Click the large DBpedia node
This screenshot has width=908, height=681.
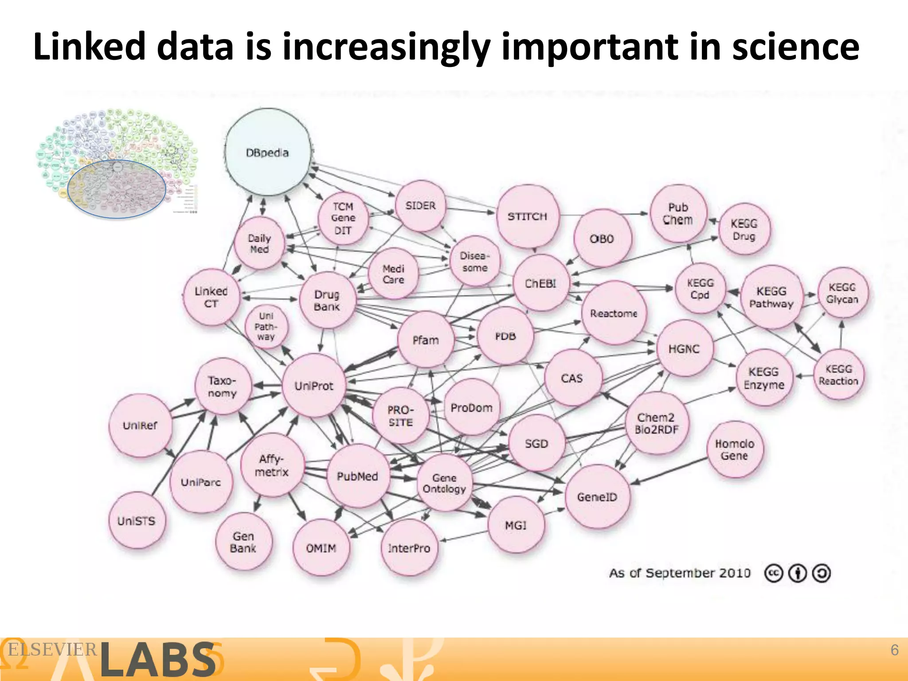(268, 152)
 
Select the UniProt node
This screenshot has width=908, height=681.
(314, 386)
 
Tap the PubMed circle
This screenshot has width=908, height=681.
(357, 476)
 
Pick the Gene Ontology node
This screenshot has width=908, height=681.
(444, 483)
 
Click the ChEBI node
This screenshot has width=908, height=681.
(540, 283)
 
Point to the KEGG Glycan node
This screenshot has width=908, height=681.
(842, 293)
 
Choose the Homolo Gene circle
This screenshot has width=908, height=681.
(735, 450)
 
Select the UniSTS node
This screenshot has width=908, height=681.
(137, 521)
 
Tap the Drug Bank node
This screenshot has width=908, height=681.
(327, 300)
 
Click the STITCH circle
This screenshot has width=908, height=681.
(528, 216)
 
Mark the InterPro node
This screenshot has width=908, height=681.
(409, 548)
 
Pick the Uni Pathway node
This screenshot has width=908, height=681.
(266, 326)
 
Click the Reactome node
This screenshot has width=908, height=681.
(614, 313)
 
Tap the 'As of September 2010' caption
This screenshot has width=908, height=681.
(680, 573)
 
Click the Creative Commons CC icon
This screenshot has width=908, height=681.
(774, 573)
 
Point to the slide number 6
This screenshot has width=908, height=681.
(894, 650)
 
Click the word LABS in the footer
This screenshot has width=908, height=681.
(157, 660)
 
